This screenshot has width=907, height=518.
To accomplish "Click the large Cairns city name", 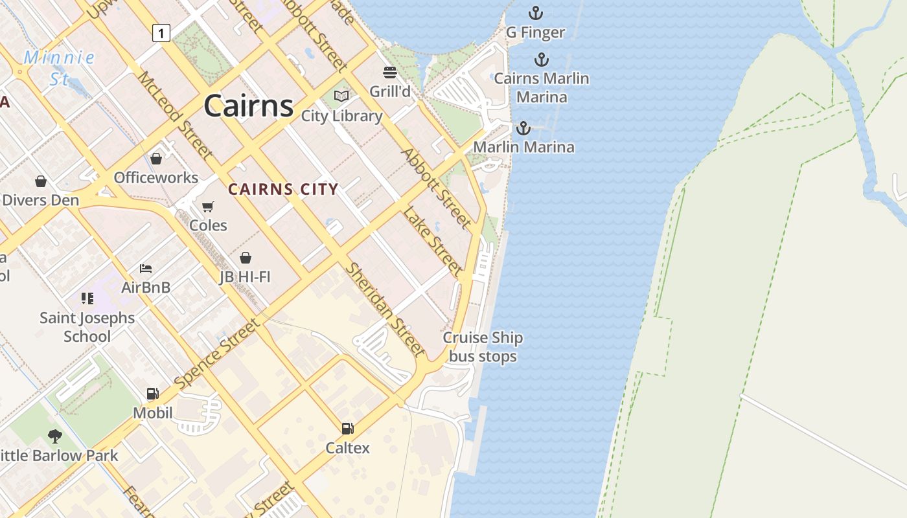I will click(249, 106).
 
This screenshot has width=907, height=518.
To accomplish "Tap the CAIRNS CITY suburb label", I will click(283, 189).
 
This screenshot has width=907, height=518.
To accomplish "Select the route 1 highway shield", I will click(161, 32).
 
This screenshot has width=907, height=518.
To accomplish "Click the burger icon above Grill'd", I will click(390, 72).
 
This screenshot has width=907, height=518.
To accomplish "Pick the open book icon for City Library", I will click(341, 96).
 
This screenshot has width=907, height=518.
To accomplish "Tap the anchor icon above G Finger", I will click(535, 12).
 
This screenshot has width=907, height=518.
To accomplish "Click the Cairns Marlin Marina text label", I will click(541, 87).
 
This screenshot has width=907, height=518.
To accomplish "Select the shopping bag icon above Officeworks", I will click(156, 159).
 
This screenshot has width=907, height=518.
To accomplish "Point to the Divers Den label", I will click(40, 200).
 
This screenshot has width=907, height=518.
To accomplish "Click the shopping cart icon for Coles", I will click(208, 207).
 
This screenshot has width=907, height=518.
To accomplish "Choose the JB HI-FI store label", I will click(245, 277).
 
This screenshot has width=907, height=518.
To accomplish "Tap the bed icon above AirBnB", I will click(146, 269).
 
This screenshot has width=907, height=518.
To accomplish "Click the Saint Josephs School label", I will click(87, 327).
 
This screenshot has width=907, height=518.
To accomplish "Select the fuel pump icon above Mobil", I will click(153, 394).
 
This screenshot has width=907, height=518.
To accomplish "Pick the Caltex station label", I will click(347, 447).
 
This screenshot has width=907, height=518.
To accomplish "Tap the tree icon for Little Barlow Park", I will click(55, 436).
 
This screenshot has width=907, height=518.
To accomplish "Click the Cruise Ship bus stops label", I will click(483, 347).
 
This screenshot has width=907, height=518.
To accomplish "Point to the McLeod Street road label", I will click(174, 115).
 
